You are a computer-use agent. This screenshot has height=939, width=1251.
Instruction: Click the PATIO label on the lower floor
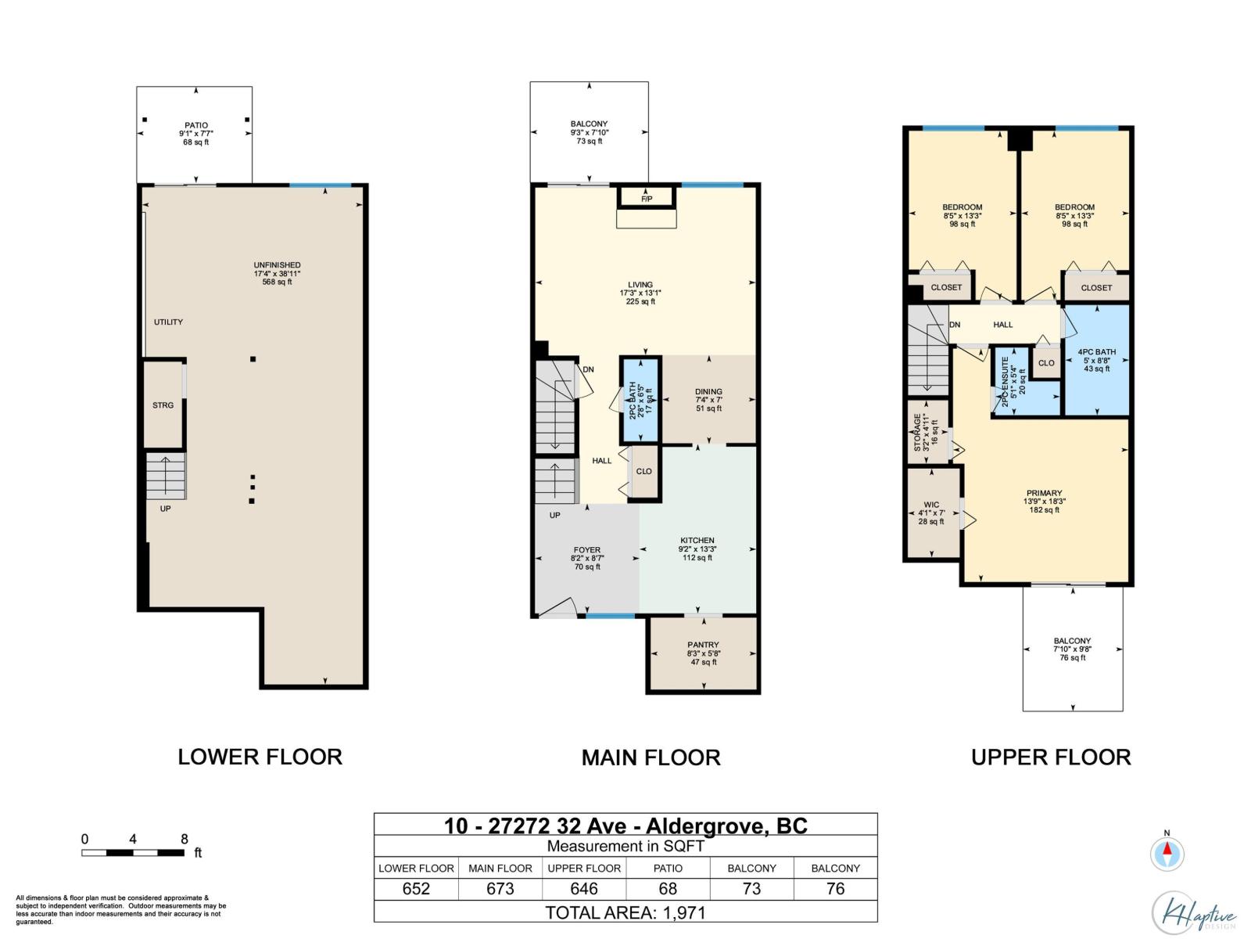point(196,125)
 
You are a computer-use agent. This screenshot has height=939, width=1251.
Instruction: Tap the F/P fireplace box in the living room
point(647,197)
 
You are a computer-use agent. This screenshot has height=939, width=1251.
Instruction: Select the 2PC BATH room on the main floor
point(640,400)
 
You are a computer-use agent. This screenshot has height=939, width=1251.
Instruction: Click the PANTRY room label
point(703,645)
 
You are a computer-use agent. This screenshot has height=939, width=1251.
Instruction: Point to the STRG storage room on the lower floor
point(163,405)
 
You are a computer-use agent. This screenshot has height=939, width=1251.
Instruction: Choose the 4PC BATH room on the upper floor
point(1096,360)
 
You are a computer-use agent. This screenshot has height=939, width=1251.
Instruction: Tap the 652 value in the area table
point(416,888)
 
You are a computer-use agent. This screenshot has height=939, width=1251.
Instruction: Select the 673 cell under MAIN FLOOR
point(500,888)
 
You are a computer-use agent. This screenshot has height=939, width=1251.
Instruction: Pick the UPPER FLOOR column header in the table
point(584,869)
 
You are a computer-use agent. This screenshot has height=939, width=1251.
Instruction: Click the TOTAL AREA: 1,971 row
point(625,912)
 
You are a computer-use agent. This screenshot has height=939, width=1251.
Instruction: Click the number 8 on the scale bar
point(184,839)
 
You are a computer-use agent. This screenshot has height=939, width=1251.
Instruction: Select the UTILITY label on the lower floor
point(168,322)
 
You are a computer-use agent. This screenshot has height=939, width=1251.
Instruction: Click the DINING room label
point(708,392)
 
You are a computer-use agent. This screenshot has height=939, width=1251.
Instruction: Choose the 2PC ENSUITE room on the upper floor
point(1024,380)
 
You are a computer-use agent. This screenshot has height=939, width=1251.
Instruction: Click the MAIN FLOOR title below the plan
point(651,757)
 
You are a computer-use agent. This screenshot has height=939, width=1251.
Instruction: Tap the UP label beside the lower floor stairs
point(165,509)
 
